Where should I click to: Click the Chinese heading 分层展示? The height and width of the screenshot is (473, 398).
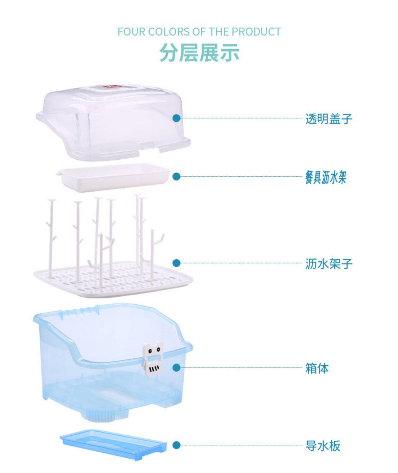click(x=199, y=53)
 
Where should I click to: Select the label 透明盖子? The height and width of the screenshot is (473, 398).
click(x=329, y=119)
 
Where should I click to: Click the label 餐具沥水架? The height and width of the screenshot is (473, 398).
click(x=325, y=177)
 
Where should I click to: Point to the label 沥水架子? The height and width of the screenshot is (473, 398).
click(x=329, y=264)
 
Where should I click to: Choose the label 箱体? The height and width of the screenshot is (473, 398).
click(x=317, y=368)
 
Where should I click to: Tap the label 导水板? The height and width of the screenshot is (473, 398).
click(x=323, y=446)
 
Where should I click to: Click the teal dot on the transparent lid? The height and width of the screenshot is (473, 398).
click(x=176, y=118)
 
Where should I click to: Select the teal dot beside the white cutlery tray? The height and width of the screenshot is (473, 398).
click(x=176, y=176)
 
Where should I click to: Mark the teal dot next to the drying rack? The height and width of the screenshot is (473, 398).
click(x=176, y=263)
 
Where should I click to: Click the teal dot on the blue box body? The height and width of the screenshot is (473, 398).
click(x=176, y=368)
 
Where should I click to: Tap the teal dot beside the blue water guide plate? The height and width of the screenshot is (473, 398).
click(x=176, y=445)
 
